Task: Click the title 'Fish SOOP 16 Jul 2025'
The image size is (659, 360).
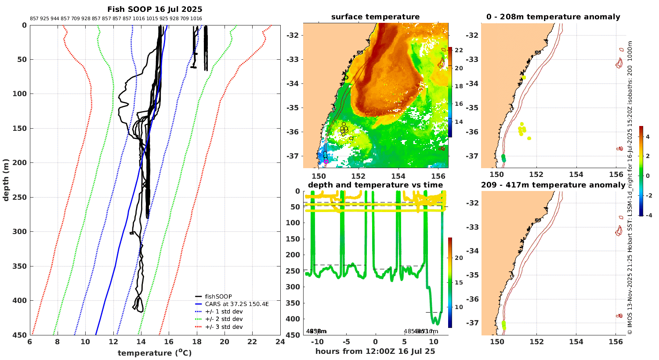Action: coord(155,9)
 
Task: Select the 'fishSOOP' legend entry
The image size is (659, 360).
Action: coord(218,297)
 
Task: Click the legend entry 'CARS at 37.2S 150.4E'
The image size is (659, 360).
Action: coord(237,304)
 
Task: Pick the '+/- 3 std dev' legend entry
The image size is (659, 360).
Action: coord(224,327)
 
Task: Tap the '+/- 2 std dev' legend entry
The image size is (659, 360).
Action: coord(224,319)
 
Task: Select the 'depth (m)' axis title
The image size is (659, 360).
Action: coord(6,180)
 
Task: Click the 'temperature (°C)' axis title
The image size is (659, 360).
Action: coord(155,353)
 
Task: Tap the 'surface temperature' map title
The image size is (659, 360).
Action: coord(375,17)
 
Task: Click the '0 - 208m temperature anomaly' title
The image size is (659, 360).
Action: coord(553,17)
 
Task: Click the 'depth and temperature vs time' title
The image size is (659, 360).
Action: coord(375,185)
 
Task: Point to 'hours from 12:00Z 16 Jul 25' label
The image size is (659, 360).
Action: coord(375,351)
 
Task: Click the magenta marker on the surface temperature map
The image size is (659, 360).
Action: coord(326,161)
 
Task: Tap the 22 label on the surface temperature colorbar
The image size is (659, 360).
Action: coord(459,50)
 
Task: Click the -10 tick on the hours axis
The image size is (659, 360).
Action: coord(316,342)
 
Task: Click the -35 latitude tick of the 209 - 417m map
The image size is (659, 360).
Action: coord(474,275)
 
